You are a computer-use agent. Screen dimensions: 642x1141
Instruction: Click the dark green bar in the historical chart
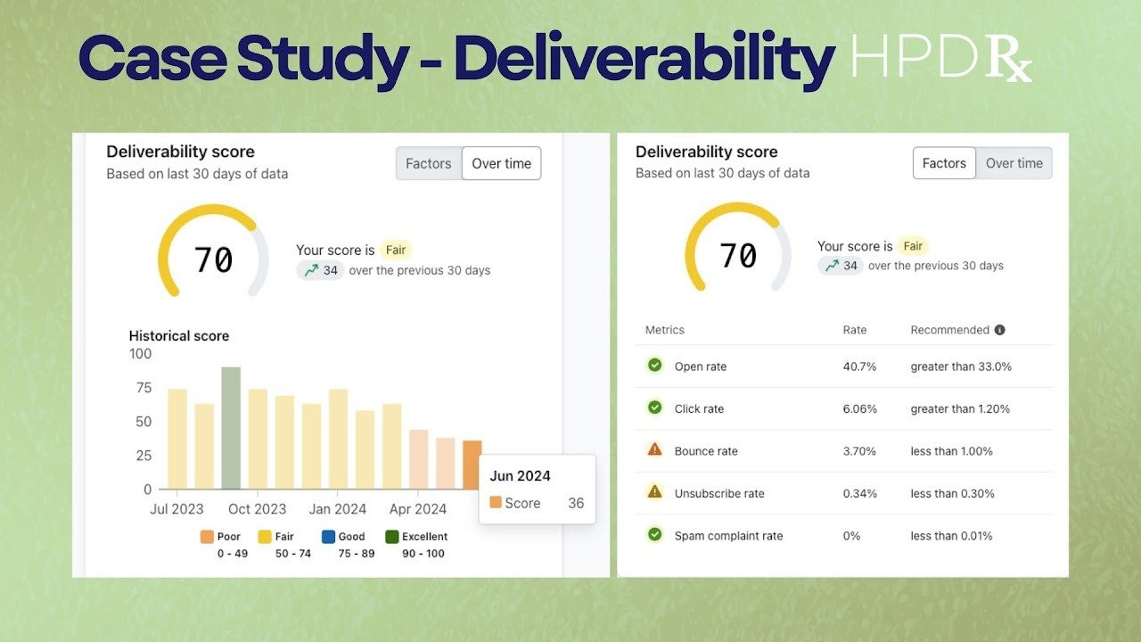231,428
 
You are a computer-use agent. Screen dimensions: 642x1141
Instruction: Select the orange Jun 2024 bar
472,465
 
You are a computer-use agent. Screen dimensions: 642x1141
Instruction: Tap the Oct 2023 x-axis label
258,509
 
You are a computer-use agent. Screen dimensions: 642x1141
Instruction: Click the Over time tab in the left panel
501,163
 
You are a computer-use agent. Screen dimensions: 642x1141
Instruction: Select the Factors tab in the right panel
944,163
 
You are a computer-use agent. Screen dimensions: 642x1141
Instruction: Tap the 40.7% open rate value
860,366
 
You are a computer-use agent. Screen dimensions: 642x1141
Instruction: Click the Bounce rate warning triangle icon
655,449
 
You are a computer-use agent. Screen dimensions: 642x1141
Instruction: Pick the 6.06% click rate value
860,408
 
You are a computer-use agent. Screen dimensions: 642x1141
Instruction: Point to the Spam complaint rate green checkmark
655,534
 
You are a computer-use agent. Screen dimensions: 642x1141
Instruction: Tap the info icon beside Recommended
999,330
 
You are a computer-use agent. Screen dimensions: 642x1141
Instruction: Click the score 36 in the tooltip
576,503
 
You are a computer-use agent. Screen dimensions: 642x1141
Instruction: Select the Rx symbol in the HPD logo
1009,60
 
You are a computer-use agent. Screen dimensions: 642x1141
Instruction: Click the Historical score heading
179,336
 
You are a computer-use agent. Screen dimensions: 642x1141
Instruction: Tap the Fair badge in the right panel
913,245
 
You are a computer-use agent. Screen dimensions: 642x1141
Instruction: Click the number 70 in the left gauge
214,259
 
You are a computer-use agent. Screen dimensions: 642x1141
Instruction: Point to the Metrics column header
665,330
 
